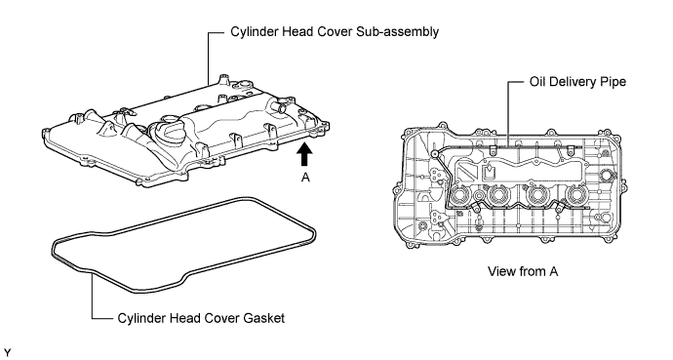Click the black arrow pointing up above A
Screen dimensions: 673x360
pyautogui.click(x=304, y=154)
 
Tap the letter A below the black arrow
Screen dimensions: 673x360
pyautogui.click(x=305, y=177)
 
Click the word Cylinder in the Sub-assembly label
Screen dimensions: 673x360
pyautogui.click(x=255, y=32)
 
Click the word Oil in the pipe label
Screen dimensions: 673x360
pyautogui.click(x=537, y=82)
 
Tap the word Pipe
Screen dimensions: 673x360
pyautogui.click(x=614, y=82)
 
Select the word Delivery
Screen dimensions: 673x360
pyautogui.click(x=573, y=82)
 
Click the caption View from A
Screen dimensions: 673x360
pyautogui.click(x=523, y=271)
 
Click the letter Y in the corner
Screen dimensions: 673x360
pyautogui.click(x=7, y=353)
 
